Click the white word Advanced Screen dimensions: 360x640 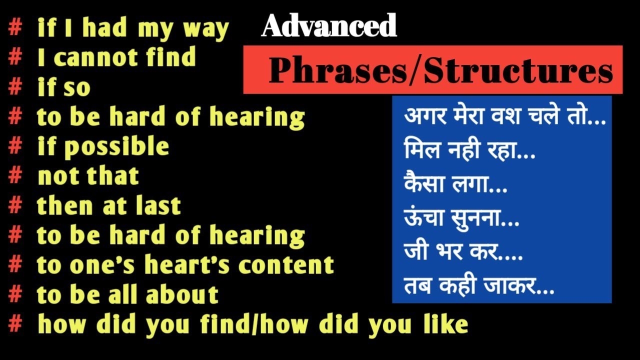pos(329,26)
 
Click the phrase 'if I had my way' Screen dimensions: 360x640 pos(133,29)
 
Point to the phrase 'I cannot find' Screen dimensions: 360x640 pos(116,58)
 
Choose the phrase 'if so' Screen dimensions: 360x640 pos(64,88)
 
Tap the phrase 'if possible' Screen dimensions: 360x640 pos(103,147)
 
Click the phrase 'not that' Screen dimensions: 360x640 pos(88,176)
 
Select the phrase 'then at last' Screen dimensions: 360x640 pos(109,206)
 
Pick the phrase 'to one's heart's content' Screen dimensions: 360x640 pos(185,265)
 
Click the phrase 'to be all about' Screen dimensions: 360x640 pos(128,294)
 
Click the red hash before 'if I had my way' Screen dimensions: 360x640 pos(15,28)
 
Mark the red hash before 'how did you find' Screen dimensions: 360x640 pos(15,324)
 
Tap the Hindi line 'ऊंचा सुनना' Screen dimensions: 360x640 pos(461,219)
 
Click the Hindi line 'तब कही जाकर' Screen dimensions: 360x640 pos(478,286)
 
